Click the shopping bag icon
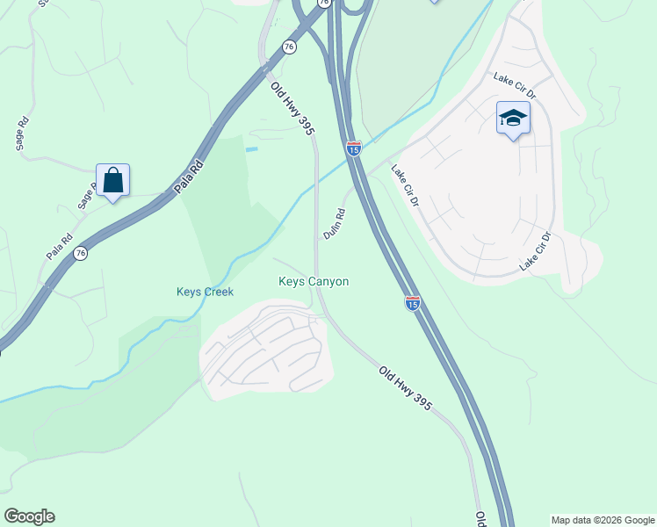(112, 181)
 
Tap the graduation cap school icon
(512, 118)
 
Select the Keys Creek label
(205, 292)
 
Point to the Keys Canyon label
(314, 282)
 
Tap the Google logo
(29, 516)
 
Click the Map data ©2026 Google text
(602, 520)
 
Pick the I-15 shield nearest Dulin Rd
(353, 149)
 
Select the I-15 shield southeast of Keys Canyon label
(412, 303)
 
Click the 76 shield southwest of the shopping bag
(81, 253)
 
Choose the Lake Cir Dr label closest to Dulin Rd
(406, 186)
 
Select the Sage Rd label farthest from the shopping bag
(23, 134)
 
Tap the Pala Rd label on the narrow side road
(60, 246)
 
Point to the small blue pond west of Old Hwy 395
(252, 149)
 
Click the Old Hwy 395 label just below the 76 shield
(293, 108)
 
